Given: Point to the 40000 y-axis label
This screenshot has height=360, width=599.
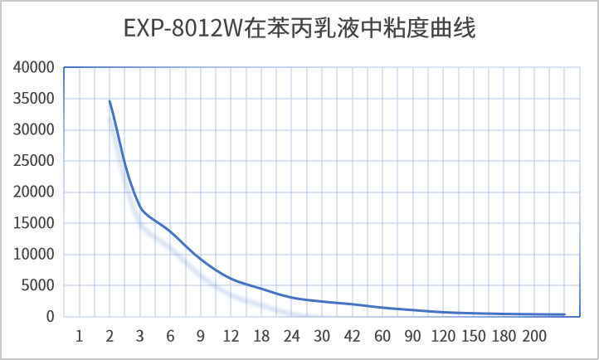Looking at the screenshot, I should pos(36,67).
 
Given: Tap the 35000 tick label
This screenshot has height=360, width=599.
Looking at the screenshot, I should pos(36,99).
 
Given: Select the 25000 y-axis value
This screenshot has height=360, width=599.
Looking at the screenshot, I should pos(36,161).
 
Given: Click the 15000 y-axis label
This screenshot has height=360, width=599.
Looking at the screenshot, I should pos(36,223).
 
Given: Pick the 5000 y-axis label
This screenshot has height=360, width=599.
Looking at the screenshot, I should pos(40,285).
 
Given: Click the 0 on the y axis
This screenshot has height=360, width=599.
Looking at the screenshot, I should pos(51,317).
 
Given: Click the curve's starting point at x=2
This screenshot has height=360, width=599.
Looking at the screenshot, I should pos(110,101).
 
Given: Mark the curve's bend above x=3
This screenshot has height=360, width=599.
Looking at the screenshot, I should pos(140,208).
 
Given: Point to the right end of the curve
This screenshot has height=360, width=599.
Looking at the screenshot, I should pos(564,314).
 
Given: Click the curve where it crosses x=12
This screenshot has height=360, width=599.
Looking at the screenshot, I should pos(231,279).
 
